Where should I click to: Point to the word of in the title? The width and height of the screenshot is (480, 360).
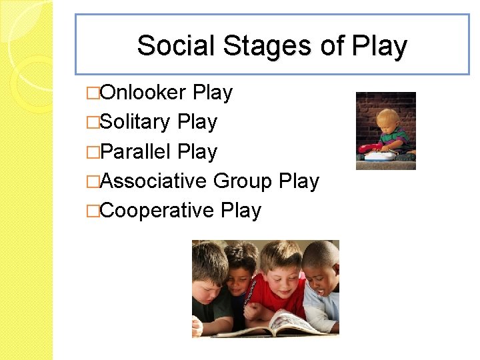[332, 46]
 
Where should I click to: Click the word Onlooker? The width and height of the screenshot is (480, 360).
[147, 93]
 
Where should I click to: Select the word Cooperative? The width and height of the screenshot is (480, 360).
[157, 210]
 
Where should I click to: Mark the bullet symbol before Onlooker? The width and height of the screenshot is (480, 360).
[93, 93]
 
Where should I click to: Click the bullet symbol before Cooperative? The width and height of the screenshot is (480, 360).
[93, 210]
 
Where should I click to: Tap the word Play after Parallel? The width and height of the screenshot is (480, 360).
[197, 151]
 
